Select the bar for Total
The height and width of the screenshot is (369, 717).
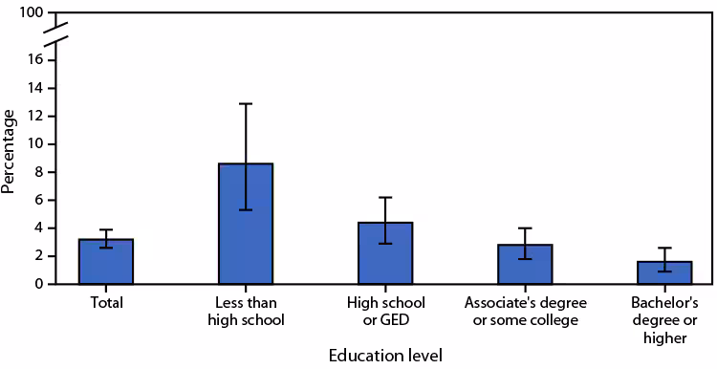[106, 262]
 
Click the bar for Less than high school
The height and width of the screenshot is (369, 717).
[246, 224]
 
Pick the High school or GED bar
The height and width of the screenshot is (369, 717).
[385, 253]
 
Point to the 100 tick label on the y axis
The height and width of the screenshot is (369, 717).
[32, 13]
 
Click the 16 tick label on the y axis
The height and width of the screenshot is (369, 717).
[35, 60]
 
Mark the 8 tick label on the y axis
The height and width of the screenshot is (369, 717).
[39, 172]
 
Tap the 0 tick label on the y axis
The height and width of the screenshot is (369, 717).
[39, 284]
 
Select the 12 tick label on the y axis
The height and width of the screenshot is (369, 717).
[35, 116]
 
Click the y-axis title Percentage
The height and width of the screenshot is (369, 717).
[10, 151]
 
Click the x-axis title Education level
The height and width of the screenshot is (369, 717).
[385, 356]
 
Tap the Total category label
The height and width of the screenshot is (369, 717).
[106, 303]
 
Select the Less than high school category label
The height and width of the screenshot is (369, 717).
[246, 311]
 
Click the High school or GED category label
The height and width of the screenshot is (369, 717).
[385, 311]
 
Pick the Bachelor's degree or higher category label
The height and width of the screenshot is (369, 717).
[663, 318]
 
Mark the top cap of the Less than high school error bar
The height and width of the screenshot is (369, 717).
[246, 103]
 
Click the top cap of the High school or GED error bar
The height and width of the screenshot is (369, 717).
[385, 197]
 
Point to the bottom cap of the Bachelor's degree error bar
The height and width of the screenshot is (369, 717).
[663, 271]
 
